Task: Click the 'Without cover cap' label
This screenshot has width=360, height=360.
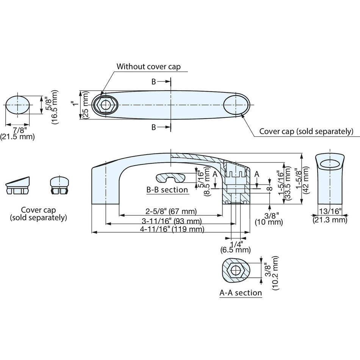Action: pos(149,67)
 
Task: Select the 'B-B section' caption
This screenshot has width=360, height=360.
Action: pos(167,190)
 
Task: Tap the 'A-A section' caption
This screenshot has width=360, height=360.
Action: pos(241,293)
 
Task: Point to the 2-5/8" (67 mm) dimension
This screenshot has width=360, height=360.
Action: pos(171,211)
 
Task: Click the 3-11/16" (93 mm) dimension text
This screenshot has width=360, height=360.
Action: pos(172,221)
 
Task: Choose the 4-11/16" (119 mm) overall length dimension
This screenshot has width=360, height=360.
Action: pos(172,229)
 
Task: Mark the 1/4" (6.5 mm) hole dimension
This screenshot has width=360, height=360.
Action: pos(236,247)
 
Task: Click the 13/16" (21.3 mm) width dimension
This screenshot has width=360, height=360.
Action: pos(330,216)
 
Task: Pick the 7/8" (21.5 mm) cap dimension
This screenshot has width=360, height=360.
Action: pos(17,134)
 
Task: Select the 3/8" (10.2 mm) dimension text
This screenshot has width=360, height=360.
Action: pos(271,273)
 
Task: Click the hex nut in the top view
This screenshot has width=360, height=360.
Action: pos(105,105)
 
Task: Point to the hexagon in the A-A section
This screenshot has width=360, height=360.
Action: pos(235,270)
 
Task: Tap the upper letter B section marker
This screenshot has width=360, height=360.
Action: pos(153,82)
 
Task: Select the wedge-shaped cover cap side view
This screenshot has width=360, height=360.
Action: pos(18,186)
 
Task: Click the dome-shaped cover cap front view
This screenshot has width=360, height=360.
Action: pos(59,185)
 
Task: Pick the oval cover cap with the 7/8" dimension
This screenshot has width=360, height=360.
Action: pos(18,105)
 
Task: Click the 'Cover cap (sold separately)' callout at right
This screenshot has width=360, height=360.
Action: pos(306,131)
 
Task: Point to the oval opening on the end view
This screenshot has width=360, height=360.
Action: pos(330,164)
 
